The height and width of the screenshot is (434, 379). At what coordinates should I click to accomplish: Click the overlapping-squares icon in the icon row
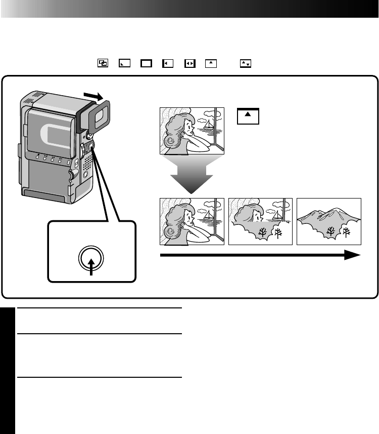[x=103, y=63]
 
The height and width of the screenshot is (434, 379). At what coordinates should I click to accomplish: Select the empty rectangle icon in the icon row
[x=146, y=63]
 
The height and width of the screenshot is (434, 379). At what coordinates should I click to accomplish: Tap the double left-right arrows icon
[x=190, y=63]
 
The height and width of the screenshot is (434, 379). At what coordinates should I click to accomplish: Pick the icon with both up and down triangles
[x=245, y=63]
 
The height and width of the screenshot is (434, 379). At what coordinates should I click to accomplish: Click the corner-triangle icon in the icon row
[x=124, y=63]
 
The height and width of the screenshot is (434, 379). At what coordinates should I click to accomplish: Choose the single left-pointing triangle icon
[x=168, y=63]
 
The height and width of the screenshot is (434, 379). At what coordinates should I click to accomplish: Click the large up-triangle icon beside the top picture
[x=248, y=116]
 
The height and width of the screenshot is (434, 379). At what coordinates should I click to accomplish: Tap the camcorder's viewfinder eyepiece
[x=100, y=114]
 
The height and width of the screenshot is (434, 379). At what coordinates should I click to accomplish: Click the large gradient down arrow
[x=192, y=175]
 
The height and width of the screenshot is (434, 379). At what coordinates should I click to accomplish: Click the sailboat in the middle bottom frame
[x=277, y=215]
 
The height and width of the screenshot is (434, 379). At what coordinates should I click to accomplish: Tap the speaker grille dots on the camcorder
[x=87, y=161]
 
